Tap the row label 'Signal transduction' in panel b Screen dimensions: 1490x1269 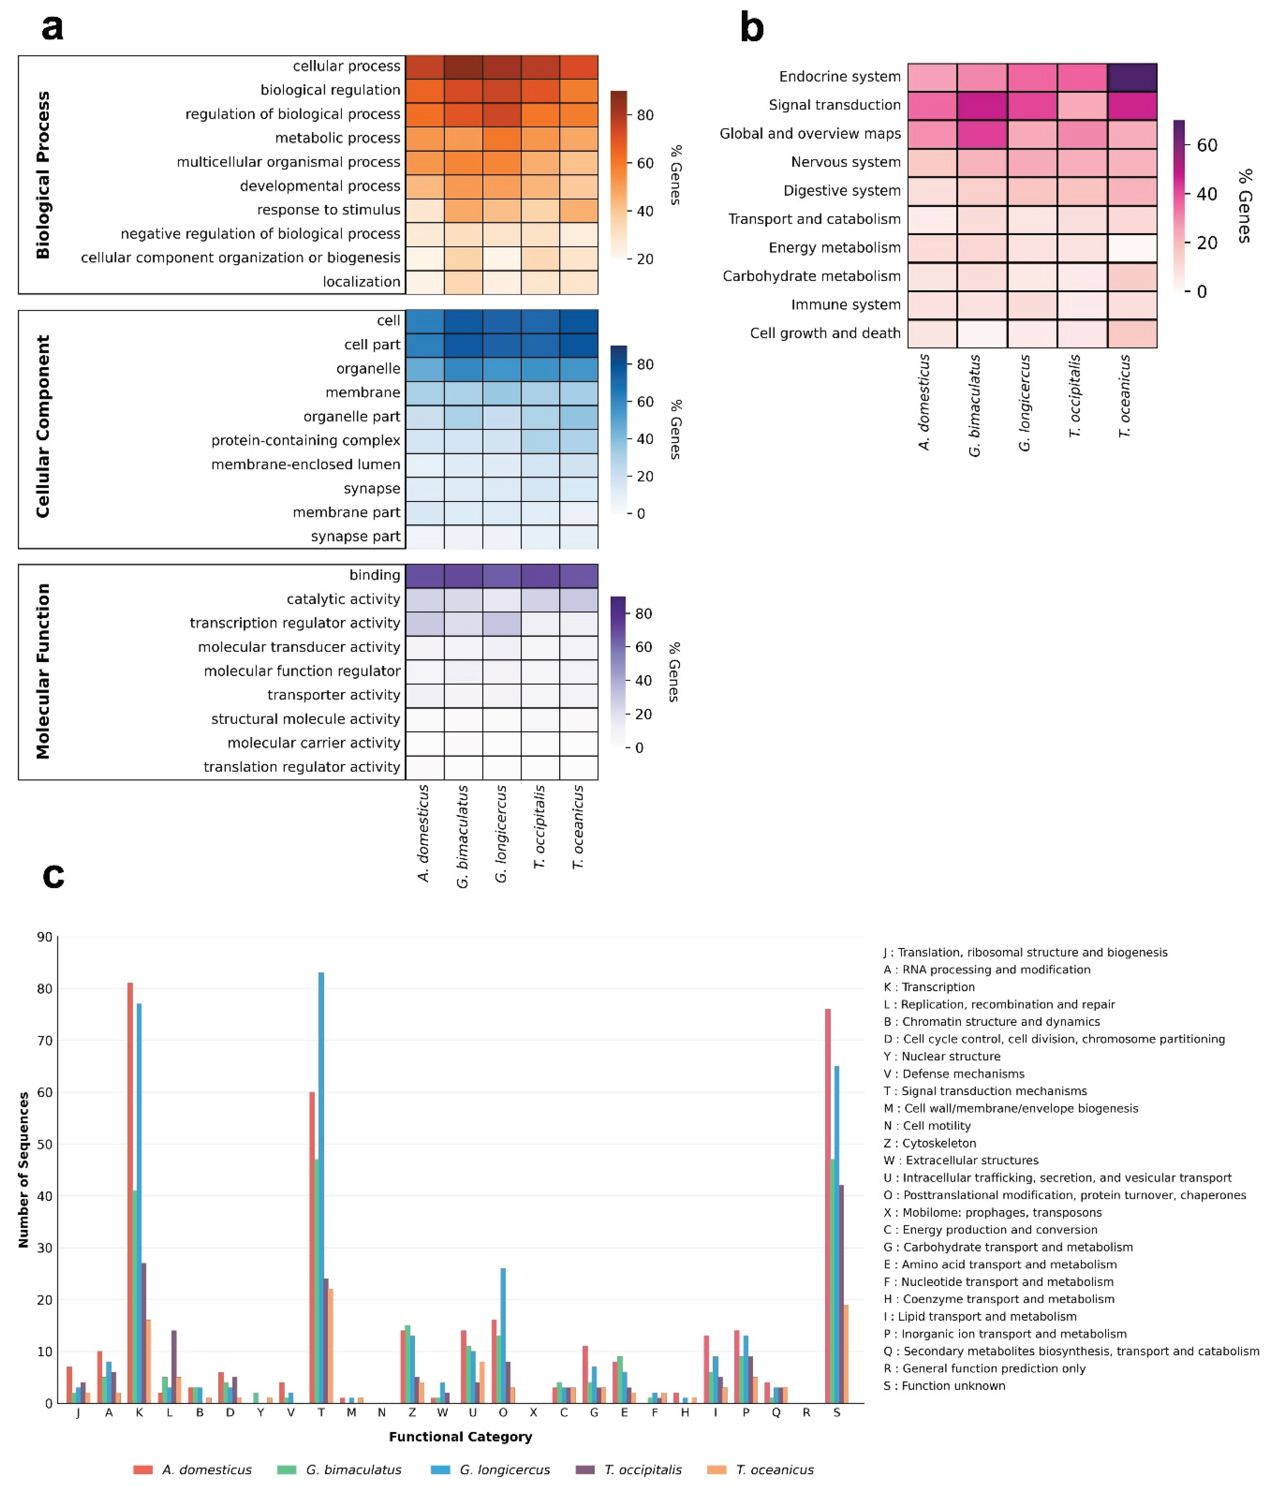(x=834, y=105)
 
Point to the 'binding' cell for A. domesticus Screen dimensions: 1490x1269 (x=424, y=575)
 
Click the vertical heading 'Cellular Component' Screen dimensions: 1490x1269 (x=43, y=426)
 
